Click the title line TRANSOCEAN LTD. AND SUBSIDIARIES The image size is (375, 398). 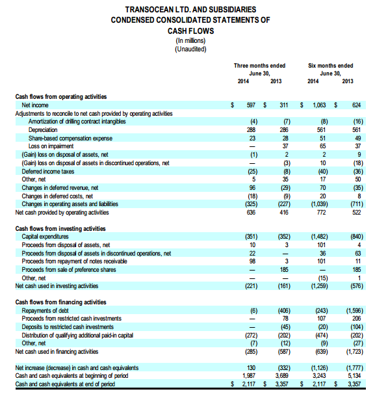pyautogui.click(x=187, y=10)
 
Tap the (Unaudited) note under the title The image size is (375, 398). pyautogui.click(x=187, y=49)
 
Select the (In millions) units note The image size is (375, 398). pyautogui.click(x=187, y=41)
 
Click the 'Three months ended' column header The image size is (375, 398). pyautogui.click(x=259, y=66)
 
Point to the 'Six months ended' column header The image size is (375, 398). pyautogui.click(x=331, y=66)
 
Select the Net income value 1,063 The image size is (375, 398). pyautogui.click(x=320, y=105)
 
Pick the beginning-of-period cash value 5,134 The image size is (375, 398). pyautogui.click(x=354, y=376)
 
